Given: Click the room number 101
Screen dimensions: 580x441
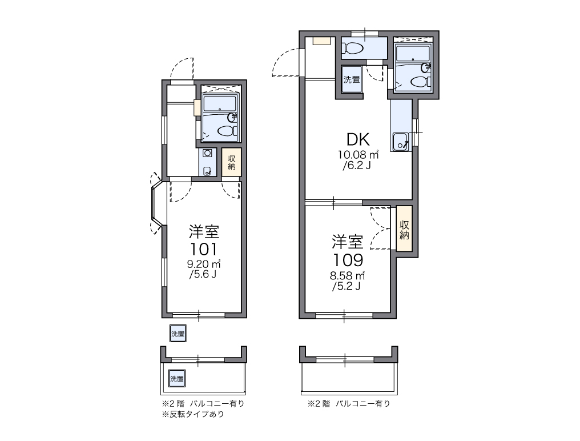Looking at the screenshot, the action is (204, 249).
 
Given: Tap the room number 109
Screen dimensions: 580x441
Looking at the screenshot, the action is (348, 260).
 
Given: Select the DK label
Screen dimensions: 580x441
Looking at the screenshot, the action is (358, 139).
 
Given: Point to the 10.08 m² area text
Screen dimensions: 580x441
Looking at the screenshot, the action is (358, 154).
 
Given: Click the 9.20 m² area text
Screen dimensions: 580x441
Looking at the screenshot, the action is (204, 264).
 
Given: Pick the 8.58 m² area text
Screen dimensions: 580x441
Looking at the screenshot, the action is (347, 275).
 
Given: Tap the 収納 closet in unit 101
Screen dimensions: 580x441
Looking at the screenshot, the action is (232, 162).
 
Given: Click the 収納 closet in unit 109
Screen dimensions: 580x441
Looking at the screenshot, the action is (404, 230).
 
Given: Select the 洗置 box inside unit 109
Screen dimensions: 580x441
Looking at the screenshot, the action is (352, 79).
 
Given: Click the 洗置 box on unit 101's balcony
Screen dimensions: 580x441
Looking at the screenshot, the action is (177, 378).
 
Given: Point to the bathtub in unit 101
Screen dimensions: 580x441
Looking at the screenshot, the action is (220, 105).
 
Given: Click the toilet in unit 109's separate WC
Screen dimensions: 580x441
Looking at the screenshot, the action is (353, 48).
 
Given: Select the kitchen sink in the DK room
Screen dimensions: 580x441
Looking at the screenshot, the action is (401, 142).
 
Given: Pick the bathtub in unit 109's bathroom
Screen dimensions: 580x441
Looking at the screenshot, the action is (412, 53).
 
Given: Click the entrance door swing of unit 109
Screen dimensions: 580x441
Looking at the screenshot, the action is (285, 62).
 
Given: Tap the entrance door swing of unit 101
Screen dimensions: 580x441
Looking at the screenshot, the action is (182, 69).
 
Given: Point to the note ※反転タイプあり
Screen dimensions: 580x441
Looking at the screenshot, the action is (193, 414).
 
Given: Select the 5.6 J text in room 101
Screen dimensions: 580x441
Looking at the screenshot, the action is (203, 274).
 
